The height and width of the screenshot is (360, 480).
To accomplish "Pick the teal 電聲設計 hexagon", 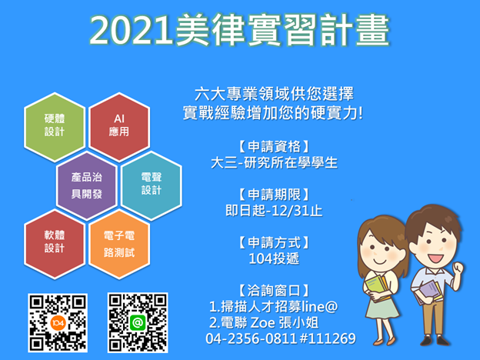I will pyautogui.click(x=152, y=183).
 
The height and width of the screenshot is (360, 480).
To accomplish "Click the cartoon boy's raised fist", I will pyautogui.click(x=459, y=268).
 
